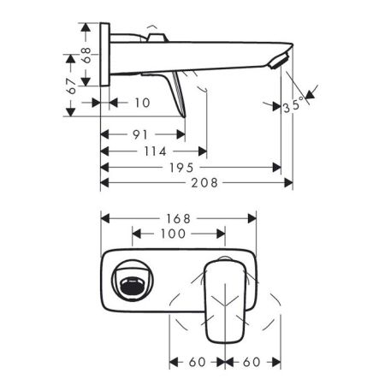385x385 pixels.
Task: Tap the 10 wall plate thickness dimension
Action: coord(142,103)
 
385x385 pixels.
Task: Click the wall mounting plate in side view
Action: coord(104,55)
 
